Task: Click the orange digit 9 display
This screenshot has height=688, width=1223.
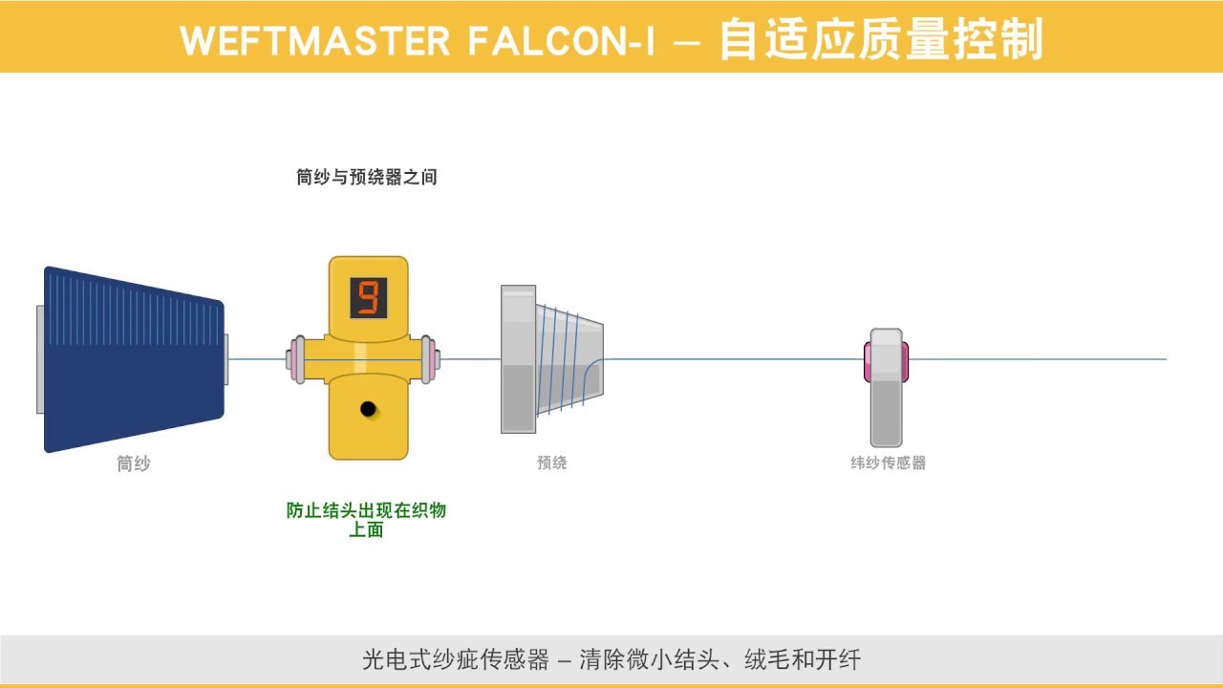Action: click(x=368, y=297)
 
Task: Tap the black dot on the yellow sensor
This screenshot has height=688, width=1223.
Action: click(x=368, y=409)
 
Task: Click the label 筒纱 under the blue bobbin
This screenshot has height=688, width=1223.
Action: click(x=134, y=463)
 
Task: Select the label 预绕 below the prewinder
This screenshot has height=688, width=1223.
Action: click(x=551, y=462)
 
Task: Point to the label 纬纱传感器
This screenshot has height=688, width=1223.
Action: click(x=888, y=462)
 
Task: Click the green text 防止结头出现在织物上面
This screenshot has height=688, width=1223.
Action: click(x=366, y=519)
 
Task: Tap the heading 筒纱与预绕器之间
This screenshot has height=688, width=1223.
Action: click(x=367, y=177)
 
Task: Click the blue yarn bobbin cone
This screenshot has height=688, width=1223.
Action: click(x=134, y=359)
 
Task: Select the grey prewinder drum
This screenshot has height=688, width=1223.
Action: click(x=549, y=359)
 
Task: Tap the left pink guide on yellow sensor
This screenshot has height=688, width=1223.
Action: click(x=296, y=359)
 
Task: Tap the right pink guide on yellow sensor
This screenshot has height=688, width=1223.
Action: click(x=430, y=359)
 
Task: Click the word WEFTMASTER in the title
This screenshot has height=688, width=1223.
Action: click(x=314, y=40)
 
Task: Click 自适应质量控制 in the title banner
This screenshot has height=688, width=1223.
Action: click(x=880, y=40)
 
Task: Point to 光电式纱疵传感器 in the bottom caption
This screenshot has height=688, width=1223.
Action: click(x=456, y=659)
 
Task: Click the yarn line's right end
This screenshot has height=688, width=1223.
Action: click(x=1164, y=359)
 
